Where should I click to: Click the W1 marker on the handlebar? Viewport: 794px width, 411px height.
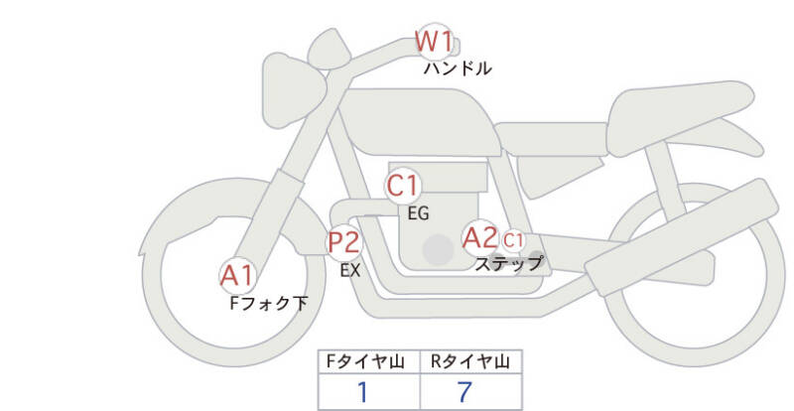pos(434,42)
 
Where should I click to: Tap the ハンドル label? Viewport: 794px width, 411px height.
pos(458,68)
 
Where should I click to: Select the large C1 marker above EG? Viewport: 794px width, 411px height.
pos(403,186)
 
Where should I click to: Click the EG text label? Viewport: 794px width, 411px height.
pos(418,213)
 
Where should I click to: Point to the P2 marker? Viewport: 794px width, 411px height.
pos(344,243)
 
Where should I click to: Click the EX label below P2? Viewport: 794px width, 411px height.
pos(350,271)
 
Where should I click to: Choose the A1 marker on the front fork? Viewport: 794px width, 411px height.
pos(237,276)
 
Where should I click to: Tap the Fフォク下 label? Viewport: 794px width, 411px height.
pos(268,304)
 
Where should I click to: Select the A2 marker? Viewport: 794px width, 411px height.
pos(480,237)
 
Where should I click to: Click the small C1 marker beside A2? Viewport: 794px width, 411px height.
pos(512,240)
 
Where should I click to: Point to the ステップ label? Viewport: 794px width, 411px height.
pos(509,263)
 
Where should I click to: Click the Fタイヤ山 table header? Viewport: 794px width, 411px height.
pos(369,361)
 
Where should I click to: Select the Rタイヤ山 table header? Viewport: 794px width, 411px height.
pos(470,361)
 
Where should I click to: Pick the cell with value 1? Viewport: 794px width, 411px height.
pos(369,391)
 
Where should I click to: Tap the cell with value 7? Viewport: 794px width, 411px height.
pos(470,391)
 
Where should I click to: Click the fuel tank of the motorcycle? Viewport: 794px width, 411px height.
pos(420,123)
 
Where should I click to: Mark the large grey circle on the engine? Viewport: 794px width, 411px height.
pos(438,250)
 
